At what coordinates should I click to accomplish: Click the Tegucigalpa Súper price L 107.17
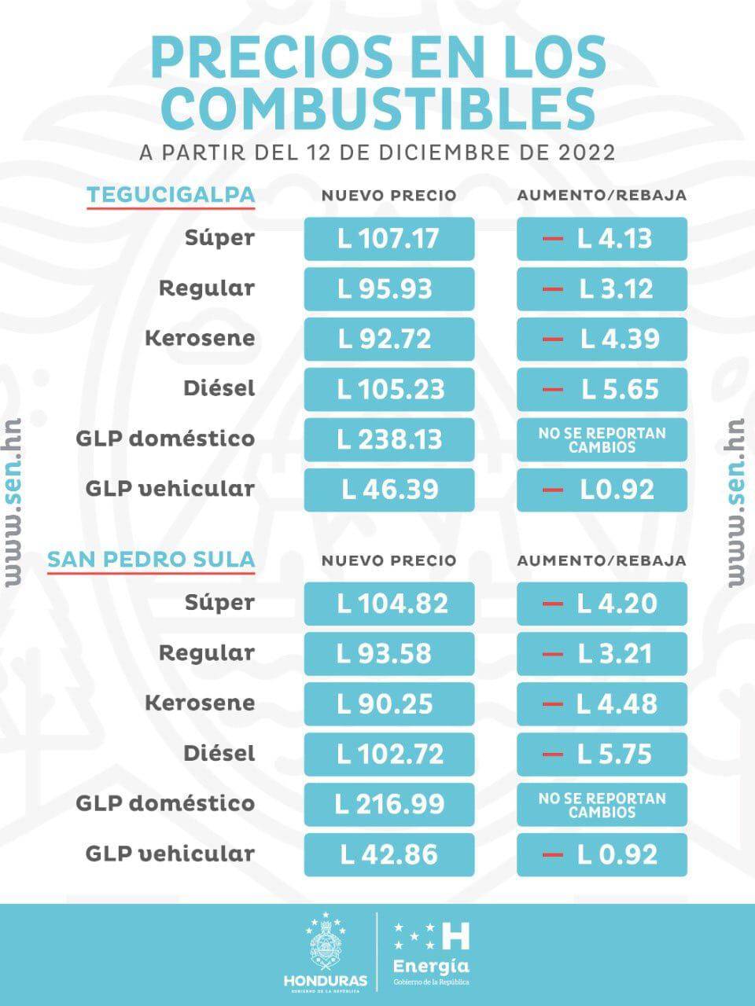[x=389, y=238]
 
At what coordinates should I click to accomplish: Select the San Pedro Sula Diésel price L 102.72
[x=389, y=754]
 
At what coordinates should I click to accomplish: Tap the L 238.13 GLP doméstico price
[x=389, y=439]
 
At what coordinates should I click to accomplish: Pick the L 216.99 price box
[x=389, y=804]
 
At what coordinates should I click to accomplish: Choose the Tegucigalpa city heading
[x=171, y=195]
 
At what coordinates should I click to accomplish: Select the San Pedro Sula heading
[x=151, y=560]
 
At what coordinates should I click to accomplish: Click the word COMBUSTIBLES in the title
[x=377, y=108]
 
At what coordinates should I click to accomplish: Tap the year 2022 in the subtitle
[x=586, y=152]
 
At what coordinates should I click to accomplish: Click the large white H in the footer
[x=455, y=935]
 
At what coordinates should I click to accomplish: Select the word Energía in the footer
[x=431, y=965]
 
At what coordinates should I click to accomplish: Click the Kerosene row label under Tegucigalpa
[x=200, y=339]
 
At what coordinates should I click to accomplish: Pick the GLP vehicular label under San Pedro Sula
[x=170, y=854]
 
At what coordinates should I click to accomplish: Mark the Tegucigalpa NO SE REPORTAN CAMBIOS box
[x=602, y=439]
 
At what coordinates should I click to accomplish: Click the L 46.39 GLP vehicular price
[x=389, y=490]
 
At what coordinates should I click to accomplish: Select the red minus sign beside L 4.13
[x=553, y=238]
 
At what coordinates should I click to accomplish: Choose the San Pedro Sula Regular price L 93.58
[x=389, y=653]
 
